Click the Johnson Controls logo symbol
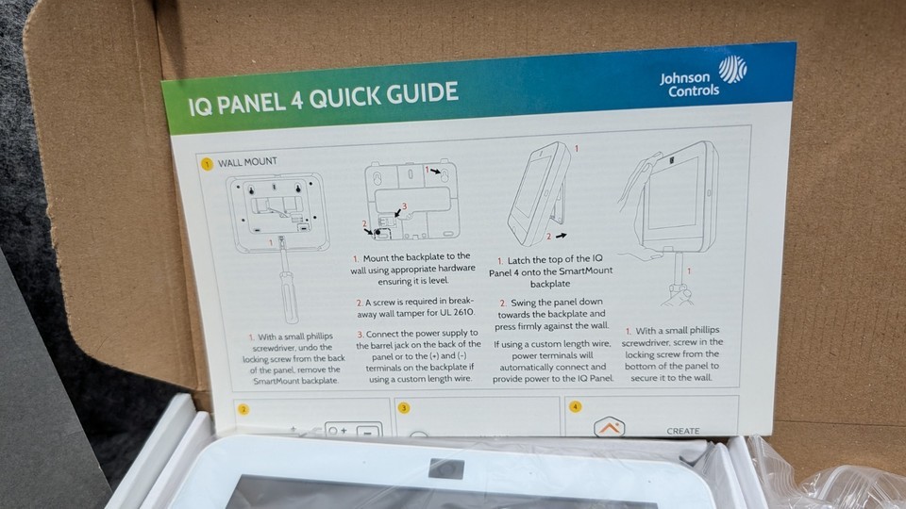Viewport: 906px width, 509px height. [732, 69]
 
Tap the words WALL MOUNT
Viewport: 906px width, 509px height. [247, 162]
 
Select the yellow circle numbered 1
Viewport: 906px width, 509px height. [207, 164]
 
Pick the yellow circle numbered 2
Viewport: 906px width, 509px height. [243, 409]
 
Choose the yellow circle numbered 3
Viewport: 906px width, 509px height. [403, 408]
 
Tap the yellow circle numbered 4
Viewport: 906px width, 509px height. [575, 406]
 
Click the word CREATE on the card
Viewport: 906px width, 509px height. [683, 431]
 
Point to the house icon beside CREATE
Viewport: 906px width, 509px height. [610, 426]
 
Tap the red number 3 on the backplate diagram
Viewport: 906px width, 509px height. [405, 206]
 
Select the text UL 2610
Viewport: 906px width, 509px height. [456, 312]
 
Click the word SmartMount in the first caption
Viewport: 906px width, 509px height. [276, 381]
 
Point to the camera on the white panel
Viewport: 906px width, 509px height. [445, 468]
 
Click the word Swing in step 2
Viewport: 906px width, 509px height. [524, 302]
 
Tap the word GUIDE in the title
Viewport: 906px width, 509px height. [423, 93]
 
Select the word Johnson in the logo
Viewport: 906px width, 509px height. [685, 78]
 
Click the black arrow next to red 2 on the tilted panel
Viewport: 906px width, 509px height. [561, 236]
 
